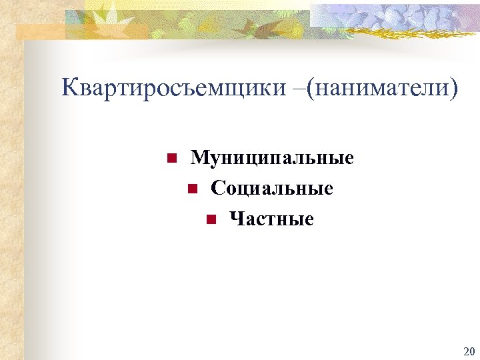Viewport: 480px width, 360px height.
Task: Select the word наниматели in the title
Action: coord(379,87)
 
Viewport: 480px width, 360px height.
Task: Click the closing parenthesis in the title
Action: coord(455,88)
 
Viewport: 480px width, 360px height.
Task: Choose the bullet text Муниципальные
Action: coord(272,159)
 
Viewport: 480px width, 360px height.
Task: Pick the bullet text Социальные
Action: coord(272,189)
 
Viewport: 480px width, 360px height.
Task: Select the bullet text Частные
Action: coord(271,219)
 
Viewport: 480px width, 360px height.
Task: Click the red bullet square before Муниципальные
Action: coord(171,159)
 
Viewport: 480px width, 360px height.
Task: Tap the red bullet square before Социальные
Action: coord(191,189)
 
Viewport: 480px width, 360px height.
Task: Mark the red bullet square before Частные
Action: coord(210,219)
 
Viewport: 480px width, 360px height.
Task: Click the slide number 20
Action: coord(468,351)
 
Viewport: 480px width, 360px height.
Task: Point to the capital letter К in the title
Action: coord(69,87)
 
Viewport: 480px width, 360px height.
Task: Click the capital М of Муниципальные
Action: coord(199,159)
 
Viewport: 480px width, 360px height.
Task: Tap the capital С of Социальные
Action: coord(217,189)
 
